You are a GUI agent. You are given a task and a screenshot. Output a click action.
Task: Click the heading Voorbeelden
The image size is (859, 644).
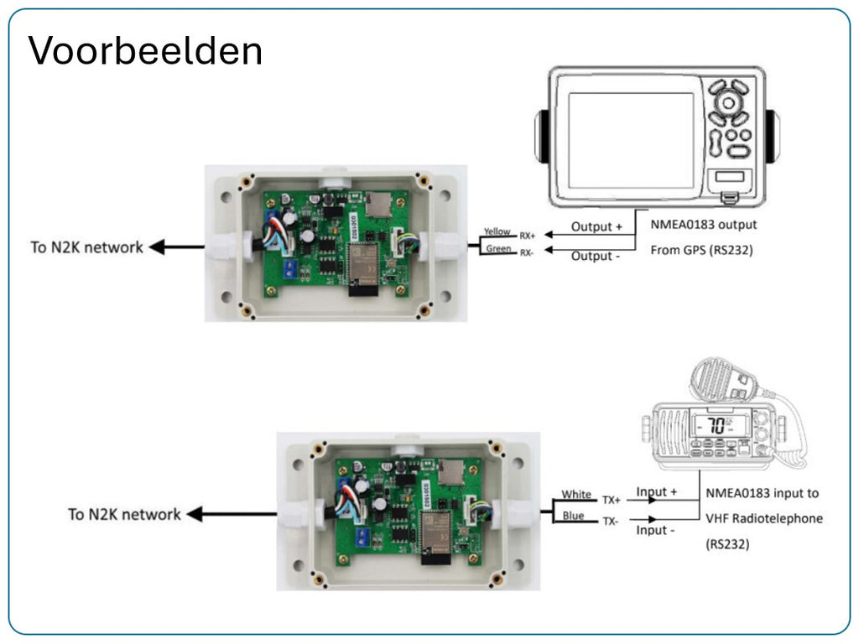click(x=145, y=50)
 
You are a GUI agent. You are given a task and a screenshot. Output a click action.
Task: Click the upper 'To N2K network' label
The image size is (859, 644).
click(x=86, y=247)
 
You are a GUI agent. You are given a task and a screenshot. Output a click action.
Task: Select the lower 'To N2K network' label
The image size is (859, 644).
click(x=124, y=514)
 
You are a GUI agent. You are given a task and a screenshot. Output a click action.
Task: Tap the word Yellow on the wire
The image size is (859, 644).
click(x=497, y=231)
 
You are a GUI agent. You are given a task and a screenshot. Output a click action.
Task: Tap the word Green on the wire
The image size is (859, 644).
click(x=499, y=248)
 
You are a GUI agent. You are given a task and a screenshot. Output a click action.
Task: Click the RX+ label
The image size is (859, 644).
click(x=527, y=236)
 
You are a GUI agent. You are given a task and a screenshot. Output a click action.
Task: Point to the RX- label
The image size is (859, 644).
click(x=526, y=252)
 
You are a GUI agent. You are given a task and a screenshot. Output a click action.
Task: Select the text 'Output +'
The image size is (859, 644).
click(x=597, y=226)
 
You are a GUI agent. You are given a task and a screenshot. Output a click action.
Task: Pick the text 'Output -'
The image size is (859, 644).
click(x=596, y=256)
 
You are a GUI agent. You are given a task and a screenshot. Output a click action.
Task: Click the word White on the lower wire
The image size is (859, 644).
click(x=576, y=495)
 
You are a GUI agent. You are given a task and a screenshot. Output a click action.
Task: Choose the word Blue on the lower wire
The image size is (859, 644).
click(x=574, y=516)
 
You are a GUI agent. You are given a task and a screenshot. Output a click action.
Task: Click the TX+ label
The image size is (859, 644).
click(x=611, y=500)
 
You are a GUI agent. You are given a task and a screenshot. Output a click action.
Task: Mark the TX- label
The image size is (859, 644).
click(x=610, y=521)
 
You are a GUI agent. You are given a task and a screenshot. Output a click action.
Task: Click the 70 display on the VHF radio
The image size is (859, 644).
click(x=716, y=425)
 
